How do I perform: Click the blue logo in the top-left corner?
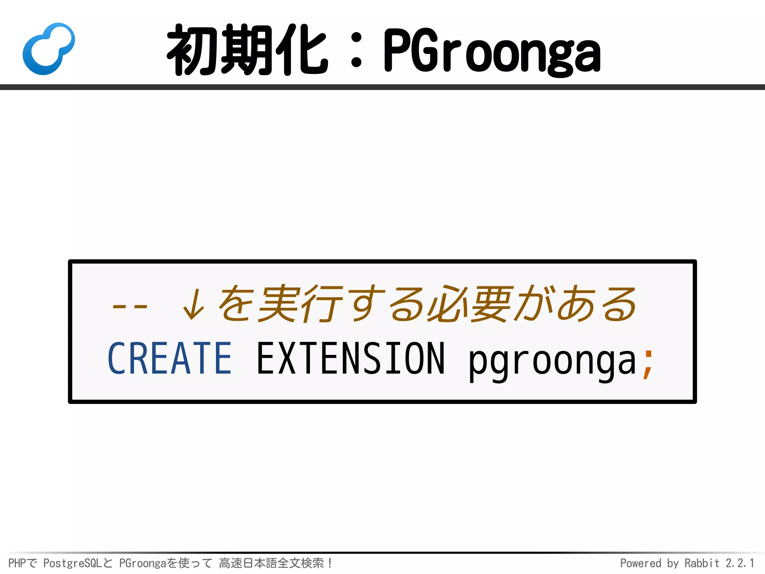coord(49,49)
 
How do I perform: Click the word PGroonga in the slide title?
coord(492,51)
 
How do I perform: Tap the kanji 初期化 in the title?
coord(247,50)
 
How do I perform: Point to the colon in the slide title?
coord(356,50)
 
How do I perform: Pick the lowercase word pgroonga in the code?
coord(552,361)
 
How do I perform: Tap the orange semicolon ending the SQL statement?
coord(648,364)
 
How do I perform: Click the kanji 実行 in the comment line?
coord(301,303)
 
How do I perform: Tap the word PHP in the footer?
coord(17,563)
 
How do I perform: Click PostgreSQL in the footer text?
coord(72,563)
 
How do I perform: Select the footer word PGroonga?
coord(142,563)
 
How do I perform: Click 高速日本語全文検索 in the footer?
coord(271,563)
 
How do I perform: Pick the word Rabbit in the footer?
coord(701,563)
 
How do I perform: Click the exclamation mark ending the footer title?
coord(330,563)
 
